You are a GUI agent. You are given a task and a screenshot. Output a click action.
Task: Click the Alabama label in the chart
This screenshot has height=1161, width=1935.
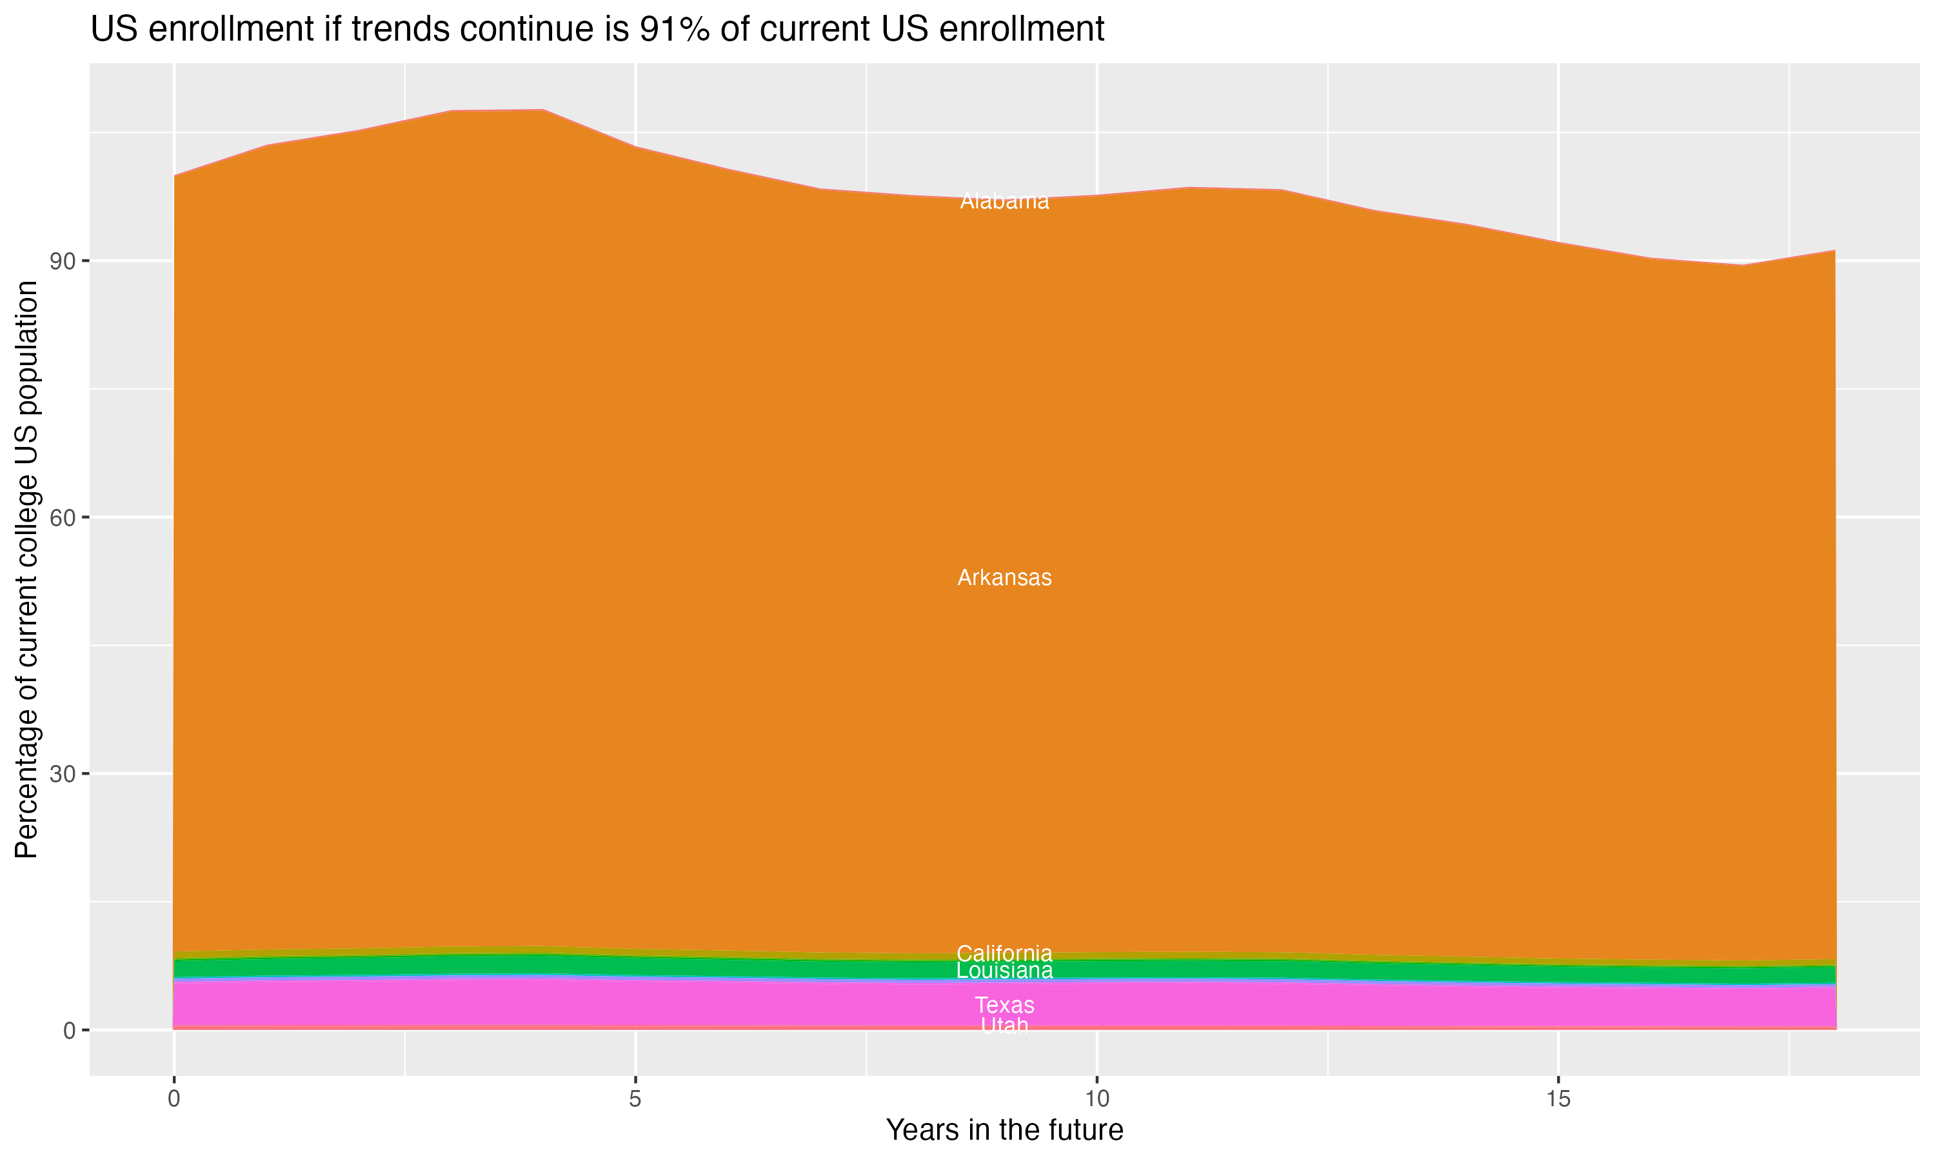click(1004, 201)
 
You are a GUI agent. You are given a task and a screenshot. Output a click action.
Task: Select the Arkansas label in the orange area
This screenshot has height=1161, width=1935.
click(1004, 577)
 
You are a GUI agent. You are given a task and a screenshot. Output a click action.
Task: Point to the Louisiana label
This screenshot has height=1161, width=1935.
click(1004, 971)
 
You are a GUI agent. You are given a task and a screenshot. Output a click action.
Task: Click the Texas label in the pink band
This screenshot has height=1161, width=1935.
click(1004, 1006)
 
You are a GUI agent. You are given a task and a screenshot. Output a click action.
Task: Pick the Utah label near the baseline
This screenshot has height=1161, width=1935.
click(1004, 1025)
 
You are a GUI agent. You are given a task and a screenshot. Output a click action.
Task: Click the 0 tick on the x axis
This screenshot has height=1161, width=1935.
click(174, 1099)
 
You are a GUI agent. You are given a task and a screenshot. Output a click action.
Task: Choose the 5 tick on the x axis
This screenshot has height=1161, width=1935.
click(635, 1099)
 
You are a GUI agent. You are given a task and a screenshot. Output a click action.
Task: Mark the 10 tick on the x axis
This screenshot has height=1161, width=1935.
click(1096, 1099)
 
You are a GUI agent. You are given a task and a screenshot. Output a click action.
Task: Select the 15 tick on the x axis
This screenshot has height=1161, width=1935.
click(1558, 1099)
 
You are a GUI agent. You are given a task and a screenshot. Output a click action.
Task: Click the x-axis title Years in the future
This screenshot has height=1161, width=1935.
click(1004, 1131)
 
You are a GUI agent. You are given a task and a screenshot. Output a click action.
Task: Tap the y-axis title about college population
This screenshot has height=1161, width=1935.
click(26, 570)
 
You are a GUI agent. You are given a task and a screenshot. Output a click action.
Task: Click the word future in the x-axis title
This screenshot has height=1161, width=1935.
click(1082, 1131)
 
